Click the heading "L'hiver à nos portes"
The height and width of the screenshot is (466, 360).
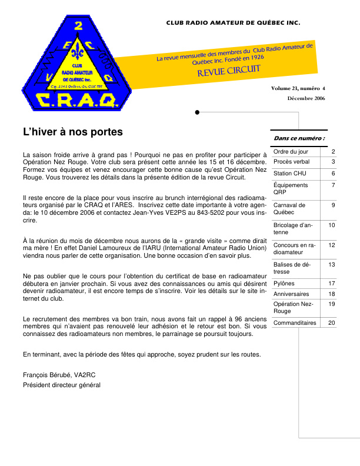tap(73, 132)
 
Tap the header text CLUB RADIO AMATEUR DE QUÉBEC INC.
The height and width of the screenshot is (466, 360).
tap(233, 24)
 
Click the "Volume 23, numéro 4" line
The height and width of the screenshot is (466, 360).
tap(298, 88)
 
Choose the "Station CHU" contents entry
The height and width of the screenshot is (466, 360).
tap(288, 174)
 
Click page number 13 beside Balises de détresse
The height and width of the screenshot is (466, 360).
tap(332, 265)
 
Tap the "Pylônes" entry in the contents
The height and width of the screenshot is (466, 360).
tap(284, 283)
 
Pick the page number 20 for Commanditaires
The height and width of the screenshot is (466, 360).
tap(332, 322)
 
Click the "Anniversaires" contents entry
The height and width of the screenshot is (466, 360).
tap(291, 294)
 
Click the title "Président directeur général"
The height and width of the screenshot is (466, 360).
tap(62, 385)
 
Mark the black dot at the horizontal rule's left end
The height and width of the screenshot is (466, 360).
tap(197, 112)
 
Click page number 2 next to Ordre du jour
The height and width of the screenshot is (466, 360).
tap(334, 151)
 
